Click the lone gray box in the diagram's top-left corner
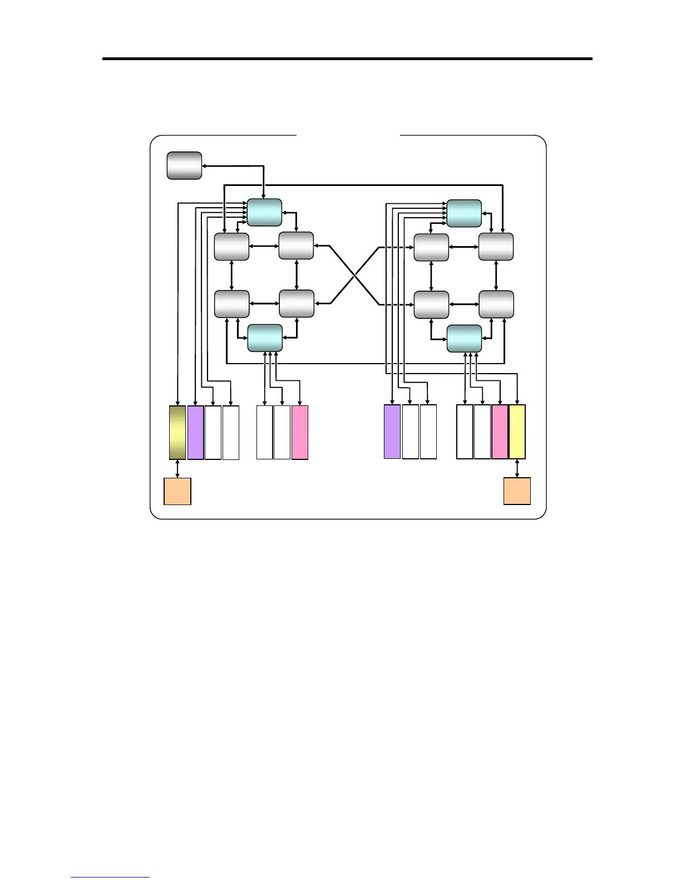click(x=184, y=165)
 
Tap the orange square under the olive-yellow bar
click(x=177, y=491)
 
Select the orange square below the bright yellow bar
click(x=517, y=491)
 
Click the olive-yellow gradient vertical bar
click(x=177, y=433)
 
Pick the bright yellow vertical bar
click(x=517, y=432)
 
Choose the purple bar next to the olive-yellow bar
click(x=195, y=433)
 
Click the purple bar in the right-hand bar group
click(x=392, y=432)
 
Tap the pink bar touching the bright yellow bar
click(x=500, y=432)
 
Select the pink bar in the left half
click(x=300, y=433)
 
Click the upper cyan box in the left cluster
click(x=264, y=212)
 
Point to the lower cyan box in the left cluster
click(x=265, y=338)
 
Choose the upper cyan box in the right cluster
click(x=464, y=213)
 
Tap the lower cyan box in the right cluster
click(x=465, y=339)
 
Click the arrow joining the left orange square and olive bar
click(x=177, y=468)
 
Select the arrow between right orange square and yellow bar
click(x=517, y=468)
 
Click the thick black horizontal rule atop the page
click(x=347, y=58)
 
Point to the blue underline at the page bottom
click(x=110, y=878)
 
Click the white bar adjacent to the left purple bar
click(x=213, y=433)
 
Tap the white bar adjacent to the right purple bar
click(x=411, y=432)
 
